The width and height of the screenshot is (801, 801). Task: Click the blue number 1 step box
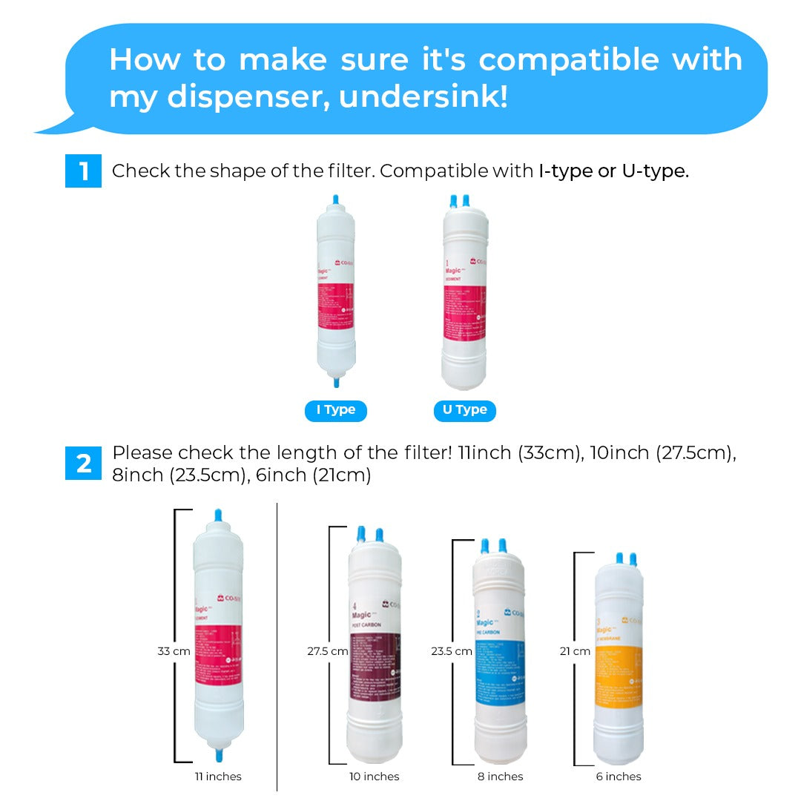point(83,171)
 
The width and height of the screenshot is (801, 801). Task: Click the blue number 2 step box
point(83,464)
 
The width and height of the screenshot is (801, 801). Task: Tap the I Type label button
point(335,410)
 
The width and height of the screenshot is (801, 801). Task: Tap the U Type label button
point(464,410)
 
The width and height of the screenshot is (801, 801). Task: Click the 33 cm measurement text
point(174,651)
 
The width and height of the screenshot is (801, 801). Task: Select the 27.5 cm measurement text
point(328,651)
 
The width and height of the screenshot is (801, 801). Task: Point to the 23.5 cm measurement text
point(452,651)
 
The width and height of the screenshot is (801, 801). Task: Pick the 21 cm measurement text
point(575,651)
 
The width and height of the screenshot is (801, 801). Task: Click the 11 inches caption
point(218,777)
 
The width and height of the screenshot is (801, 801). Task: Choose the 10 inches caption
point(375,777)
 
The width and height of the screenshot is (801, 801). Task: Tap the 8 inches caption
point(500,777)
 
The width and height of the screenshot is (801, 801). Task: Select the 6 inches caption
point(619,777)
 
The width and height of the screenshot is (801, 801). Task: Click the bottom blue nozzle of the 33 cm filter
point(219,754)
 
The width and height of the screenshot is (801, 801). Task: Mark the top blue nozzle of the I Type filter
point(335,200)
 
